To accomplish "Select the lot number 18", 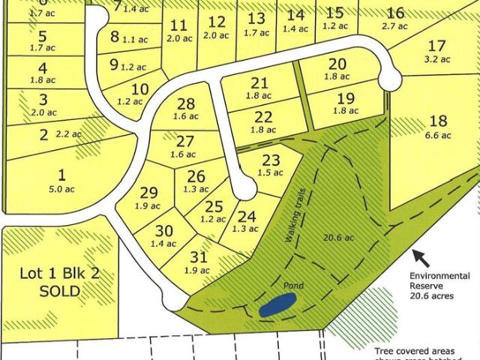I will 439,121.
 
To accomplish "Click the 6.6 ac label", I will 439,136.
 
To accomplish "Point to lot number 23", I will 271,159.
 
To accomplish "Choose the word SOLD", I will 59,291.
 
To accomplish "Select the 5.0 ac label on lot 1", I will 61,189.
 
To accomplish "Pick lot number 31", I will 198,257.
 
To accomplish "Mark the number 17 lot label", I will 436,45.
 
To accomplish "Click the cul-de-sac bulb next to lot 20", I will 390,78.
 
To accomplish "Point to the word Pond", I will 292,286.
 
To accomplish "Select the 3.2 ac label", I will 436,59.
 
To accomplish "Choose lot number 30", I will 165,230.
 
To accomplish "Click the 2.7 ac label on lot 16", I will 394,26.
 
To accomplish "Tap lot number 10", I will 139,88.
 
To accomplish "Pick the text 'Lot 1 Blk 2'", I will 59,274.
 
